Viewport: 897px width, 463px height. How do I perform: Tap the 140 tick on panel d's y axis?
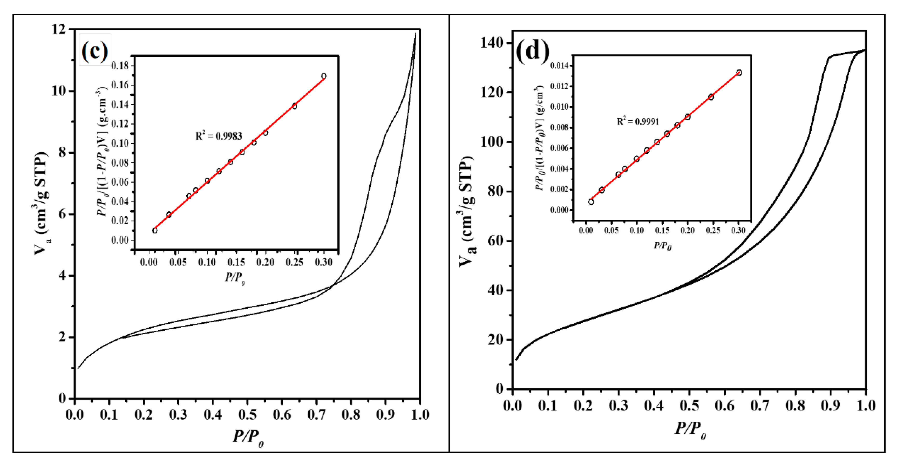click(x=491, y=43)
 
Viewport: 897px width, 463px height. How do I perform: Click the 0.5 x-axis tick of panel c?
click(x=247, y=415)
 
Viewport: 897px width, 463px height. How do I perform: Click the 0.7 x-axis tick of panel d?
click(x=760, y=406)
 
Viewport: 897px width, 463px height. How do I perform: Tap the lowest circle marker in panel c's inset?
click(x=155, y=230)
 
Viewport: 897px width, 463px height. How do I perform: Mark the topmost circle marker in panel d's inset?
click(x=739, y=73)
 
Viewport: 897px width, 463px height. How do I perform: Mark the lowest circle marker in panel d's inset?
click(x=591, y=202)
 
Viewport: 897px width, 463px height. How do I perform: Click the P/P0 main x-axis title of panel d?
click(x=690, y=429)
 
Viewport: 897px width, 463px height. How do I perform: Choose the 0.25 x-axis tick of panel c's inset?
click(x=294, y=262)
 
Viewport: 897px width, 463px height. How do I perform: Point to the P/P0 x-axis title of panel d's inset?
click(x=662, y=246)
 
